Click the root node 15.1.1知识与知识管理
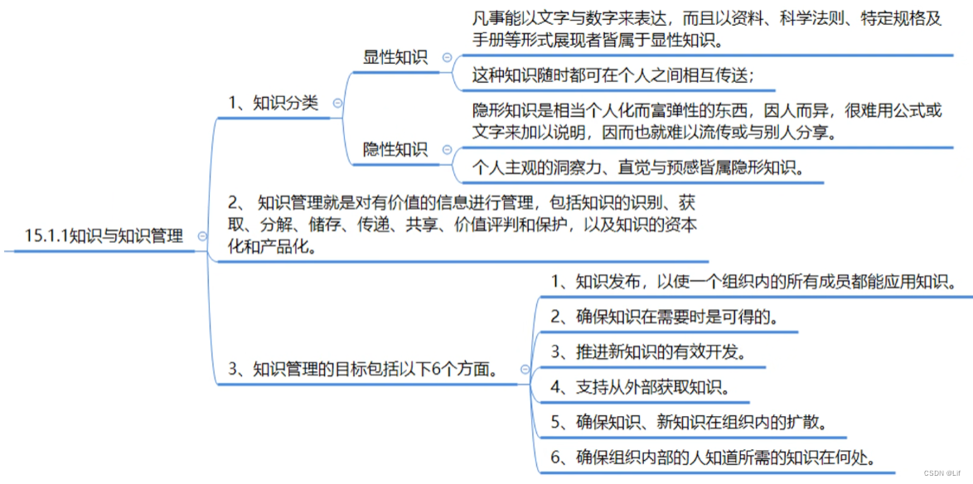pyautogui.click(x=104, y=236)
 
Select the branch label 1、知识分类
pyautogui.click(x=274, y=104)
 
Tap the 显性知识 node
pyautogui.click(x=395, y=57)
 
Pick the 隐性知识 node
pyautogui.click(x=395, y=150)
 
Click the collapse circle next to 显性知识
pyautogui.click(x=448, y=57)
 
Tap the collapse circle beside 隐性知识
pyautogui.click(x=448, y=150)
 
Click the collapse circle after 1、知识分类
pyautogui.click(x=337, y=104)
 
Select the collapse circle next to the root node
pyautogui.click(x=202, y=236)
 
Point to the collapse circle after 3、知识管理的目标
pyautogui.click(x=524, y=370)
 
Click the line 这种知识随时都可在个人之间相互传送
pyautogui.click(x=613, y=75)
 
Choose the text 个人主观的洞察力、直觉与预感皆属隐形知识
pyautogui.click(x=637, y=168)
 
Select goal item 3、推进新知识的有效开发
pyautogui.click(x=649, y=351)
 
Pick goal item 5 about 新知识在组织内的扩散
pyautogui.click(x=687, y=422)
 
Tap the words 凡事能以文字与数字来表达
pyautogui.click(x=568, y=20)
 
